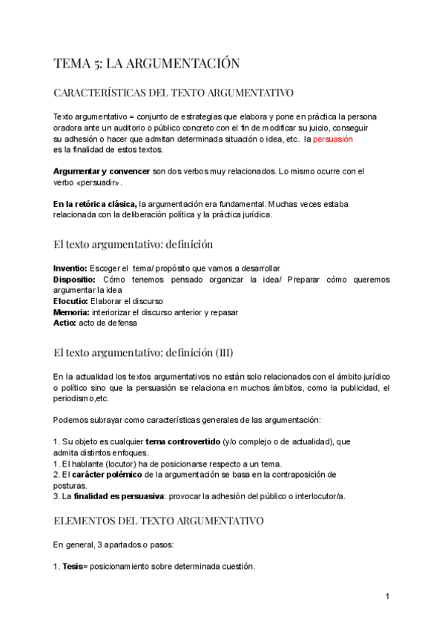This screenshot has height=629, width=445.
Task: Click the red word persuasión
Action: (x=333, y=139)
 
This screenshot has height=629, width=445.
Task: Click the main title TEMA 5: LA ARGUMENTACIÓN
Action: (x=147, y=64)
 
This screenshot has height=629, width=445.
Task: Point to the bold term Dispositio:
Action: (x=74, y=279)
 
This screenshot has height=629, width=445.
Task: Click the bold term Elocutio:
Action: (x=71, y=301)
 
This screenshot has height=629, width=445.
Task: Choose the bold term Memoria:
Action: (x=72, y=312)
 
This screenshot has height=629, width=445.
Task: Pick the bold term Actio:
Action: (x=65, y=323)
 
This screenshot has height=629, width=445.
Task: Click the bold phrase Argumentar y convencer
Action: (x=102, y=171)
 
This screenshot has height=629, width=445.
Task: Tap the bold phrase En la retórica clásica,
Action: (x=95, y=204)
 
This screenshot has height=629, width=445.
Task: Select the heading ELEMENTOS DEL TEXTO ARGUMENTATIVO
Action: (x=158, y=521)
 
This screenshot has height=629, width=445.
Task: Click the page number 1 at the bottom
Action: (x=387, y=597)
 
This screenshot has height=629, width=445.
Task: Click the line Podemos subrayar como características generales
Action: (x=187, y=420)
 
